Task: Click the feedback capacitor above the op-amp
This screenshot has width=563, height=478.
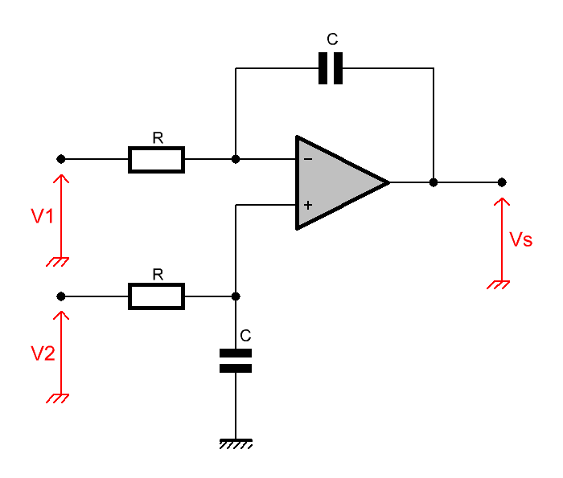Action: click(x=331, y=68)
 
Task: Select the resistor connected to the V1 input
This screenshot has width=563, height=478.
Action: click(x=156, y=160)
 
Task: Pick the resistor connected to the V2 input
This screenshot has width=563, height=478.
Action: click(x=156, y=296)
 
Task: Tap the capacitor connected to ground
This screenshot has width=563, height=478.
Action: click(x=236, y=361)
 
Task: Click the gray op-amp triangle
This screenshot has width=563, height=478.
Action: click(x=338, y=182)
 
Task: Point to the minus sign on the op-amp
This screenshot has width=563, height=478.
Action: click(x=308, y=159)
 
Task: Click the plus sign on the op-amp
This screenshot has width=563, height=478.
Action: click(x=308, y=205)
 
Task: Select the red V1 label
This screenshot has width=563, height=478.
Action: click(x=43, y=216)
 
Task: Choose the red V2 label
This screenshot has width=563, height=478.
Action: click(x=43, y=353)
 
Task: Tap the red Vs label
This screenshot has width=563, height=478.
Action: click(x=520, y=239)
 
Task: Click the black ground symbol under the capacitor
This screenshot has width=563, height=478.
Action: click(x=236, y=444)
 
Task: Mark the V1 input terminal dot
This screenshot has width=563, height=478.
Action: click(x=61, y=159)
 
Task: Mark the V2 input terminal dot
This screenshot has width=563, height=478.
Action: click(x=61, y=296)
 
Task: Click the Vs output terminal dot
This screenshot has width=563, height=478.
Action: click(x=502, y=182)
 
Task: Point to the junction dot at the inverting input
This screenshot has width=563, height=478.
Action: click(x=236, y=159)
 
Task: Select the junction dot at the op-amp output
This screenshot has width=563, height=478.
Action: click(x=434, y=182)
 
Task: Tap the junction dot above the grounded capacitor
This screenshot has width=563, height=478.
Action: click(x=236, y=296)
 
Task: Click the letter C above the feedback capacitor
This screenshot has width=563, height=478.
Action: click(x=332, y=39)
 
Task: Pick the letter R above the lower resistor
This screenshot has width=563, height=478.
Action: click(x=158, y=274)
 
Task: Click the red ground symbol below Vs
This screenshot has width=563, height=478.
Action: click(x=499, y=284)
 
